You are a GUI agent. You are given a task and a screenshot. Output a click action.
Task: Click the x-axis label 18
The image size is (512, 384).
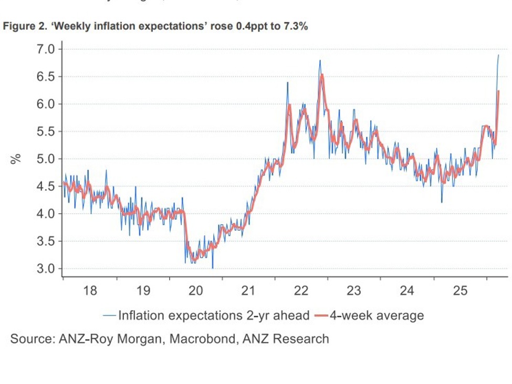click(x=90, y=290)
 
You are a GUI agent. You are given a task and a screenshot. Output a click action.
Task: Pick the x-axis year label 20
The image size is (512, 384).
click(x=196, y=290)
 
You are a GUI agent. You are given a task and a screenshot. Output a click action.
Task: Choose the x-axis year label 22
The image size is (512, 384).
click(x=301, y=290)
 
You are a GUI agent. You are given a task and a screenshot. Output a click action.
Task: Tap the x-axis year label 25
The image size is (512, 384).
click(x=460, y=290)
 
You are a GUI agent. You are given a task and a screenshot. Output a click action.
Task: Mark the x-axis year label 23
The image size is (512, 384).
click(x=354, y=290)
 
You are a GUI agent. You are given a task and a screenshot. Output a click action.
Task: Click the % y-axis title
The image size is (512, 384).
click(x=16, y=159)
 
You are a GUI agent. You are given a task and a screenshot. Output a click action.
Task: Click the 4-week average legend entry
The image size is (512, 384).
click(x=376, y=316)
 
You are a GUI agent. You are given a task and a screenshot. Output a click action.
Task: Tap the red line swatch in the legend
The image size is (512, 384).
click(x=321, y=316)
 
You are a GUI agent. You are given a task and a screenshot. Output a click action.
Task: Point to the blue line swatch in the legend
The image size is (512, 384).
click(x=110, y=316)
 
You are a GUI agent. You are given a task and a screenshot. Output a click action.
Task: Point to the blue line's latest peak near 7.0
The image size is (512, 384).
click(x=498, y=55)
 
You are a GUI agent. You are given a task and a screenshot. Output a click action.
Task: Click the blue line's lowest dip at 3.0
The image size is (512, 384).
click(x=213, y=268)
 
